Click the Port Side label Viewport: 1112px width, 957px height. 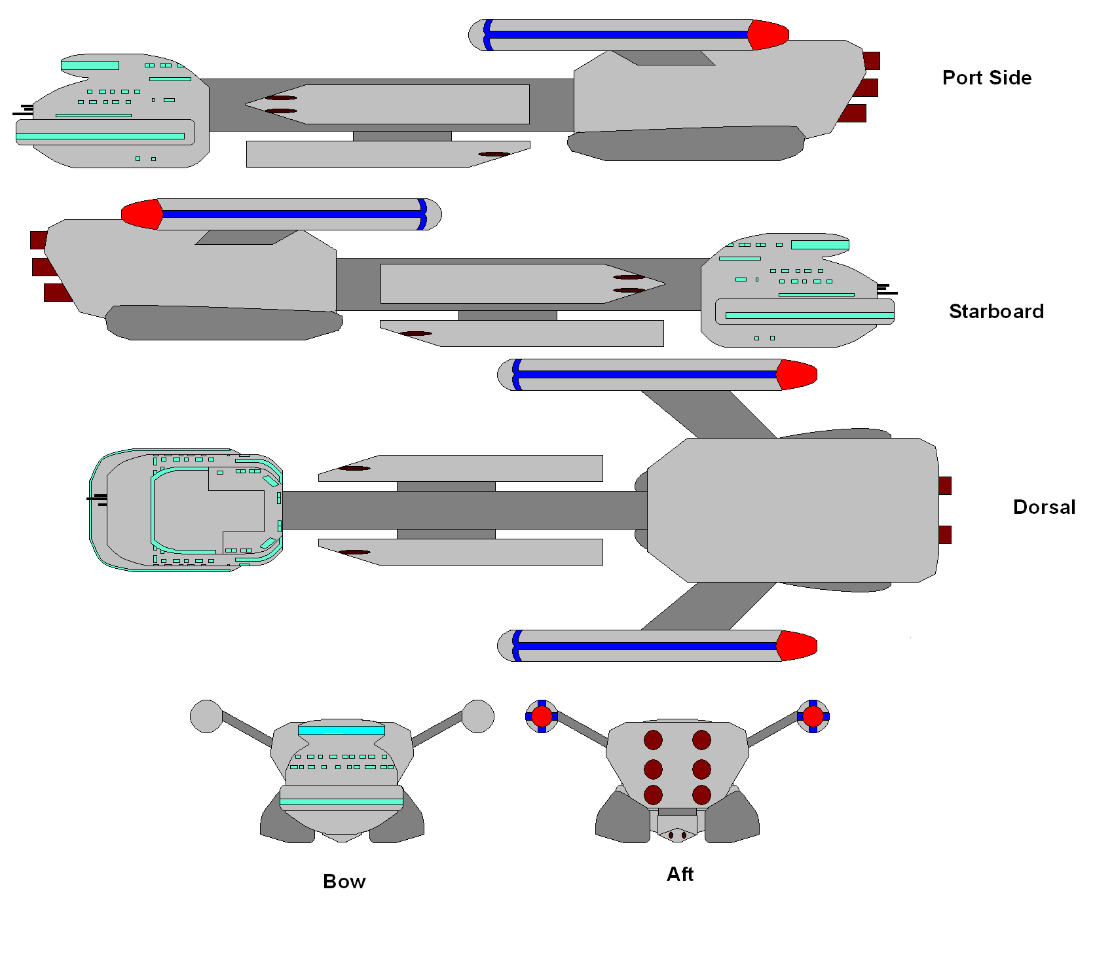point(986,78)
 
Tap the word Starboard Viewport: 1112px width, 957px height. point(995,312)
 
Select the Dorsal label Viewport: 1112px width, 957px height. point(1044,507)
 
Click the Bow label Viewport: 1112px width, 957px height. point(344,882)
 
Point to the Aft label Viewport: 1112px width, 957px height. point(680,875)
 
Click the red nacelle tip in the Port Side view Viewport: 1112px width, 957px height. point(768,35)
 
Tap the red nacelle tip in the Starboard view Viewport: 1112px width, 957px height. point(142,214)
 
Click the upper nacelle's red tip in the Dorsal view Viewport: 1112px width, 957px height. point(796,374)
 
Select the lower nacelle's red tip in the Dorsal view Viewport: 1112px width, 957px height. point(796,645)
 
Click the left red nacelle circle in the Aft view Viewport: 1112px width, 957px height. point(542,716)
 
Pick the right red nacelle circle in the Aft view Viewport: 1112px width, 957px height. point(813,716)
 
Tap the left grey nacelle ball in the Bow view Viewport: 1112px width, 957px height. point(206,716)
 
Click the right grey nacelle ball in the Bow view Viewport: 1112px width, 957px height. point(478,716)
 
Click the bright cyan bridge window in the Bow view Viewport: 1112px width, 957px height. point(341,730)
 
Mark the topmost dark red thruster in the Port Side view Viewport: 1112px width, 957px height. point(871,61)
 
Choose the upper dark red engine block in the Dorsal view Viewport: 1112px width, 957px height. point(944,486)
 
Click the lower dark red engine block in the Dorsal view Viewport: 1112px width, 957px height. point(944,534)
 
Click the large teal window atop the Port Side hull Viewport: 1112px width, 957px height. point(90,65)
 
